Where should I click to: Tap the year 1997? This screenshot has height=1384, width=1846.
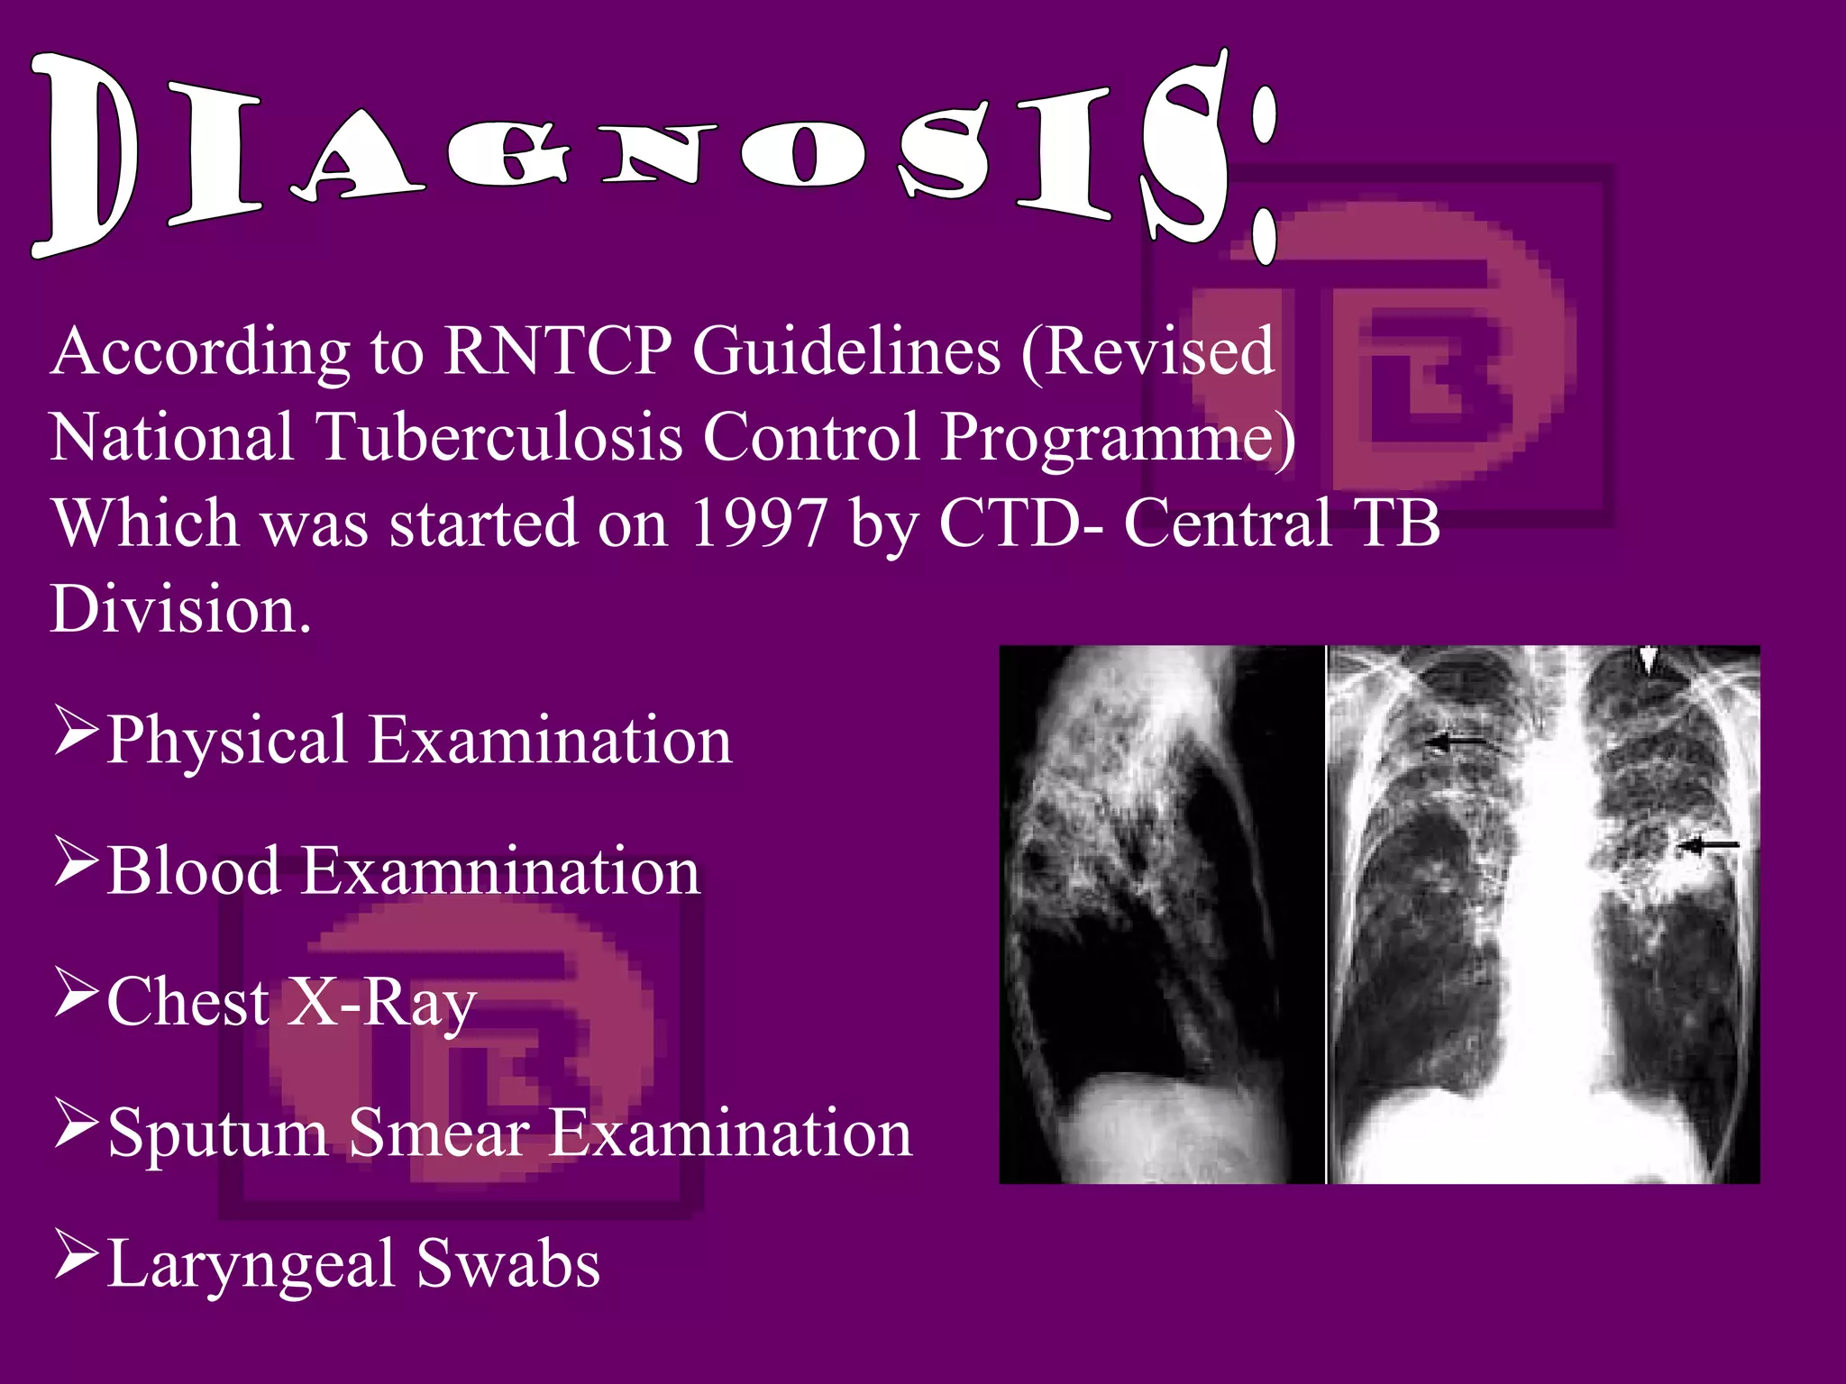(x=758, y=524)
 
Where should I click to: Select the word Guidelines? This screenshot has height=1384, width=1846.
(x=846, y=351)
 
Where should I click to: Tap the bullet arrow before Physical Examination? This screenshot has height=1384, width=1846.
(x=76, y=731)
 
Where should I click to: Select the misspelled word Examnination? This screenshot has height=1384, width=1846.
(x=499, y=871)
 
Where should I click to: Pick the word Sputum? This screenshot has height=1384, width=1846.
(x=217, y=1134)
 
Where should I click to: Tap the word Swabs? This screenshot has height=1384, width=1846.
(x=508, y=1264)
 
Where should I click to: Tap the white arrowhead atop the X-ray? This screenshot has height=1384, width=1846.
(x=1648, y=662)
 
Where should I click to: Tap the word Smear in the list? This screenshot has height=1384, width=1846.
(x=438, y=1134)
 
